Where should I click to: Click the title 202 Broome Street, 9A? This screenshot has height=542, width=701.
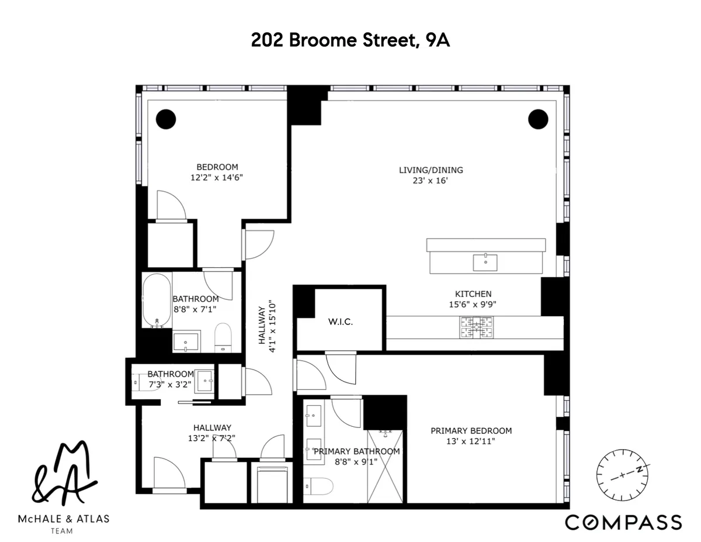[350, 40]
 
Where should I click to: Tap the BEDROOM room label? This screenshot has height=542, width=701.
[217, 167]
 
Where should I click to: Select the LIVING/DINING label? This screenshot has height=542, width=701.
[431, 170]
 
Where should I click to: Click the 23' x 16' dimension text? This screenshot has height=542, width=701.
[431, 181]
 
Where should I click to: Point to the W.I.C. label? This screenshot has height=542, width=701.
[340, 322]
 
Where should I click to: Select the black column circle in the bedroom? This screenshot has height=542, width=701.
[166, 119]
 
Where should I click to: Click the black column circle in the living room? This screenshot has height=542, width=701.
[538, 119]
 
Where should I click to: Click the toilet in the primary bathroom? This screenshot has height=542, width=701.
[318, 485]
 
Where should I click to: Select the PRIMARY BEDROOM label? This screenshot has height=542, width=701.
[471, 431]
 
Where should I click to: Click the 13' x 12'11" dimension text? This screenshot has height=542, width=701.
[471, 441]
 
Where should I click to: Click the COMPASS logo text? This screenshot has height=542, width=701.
[623, 522]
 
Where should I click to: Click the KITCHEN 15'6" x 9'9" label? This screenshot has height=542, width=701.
[473, 299]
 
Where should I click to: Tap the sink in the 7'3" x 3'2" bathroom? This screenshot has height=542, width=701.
[204, 379]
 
